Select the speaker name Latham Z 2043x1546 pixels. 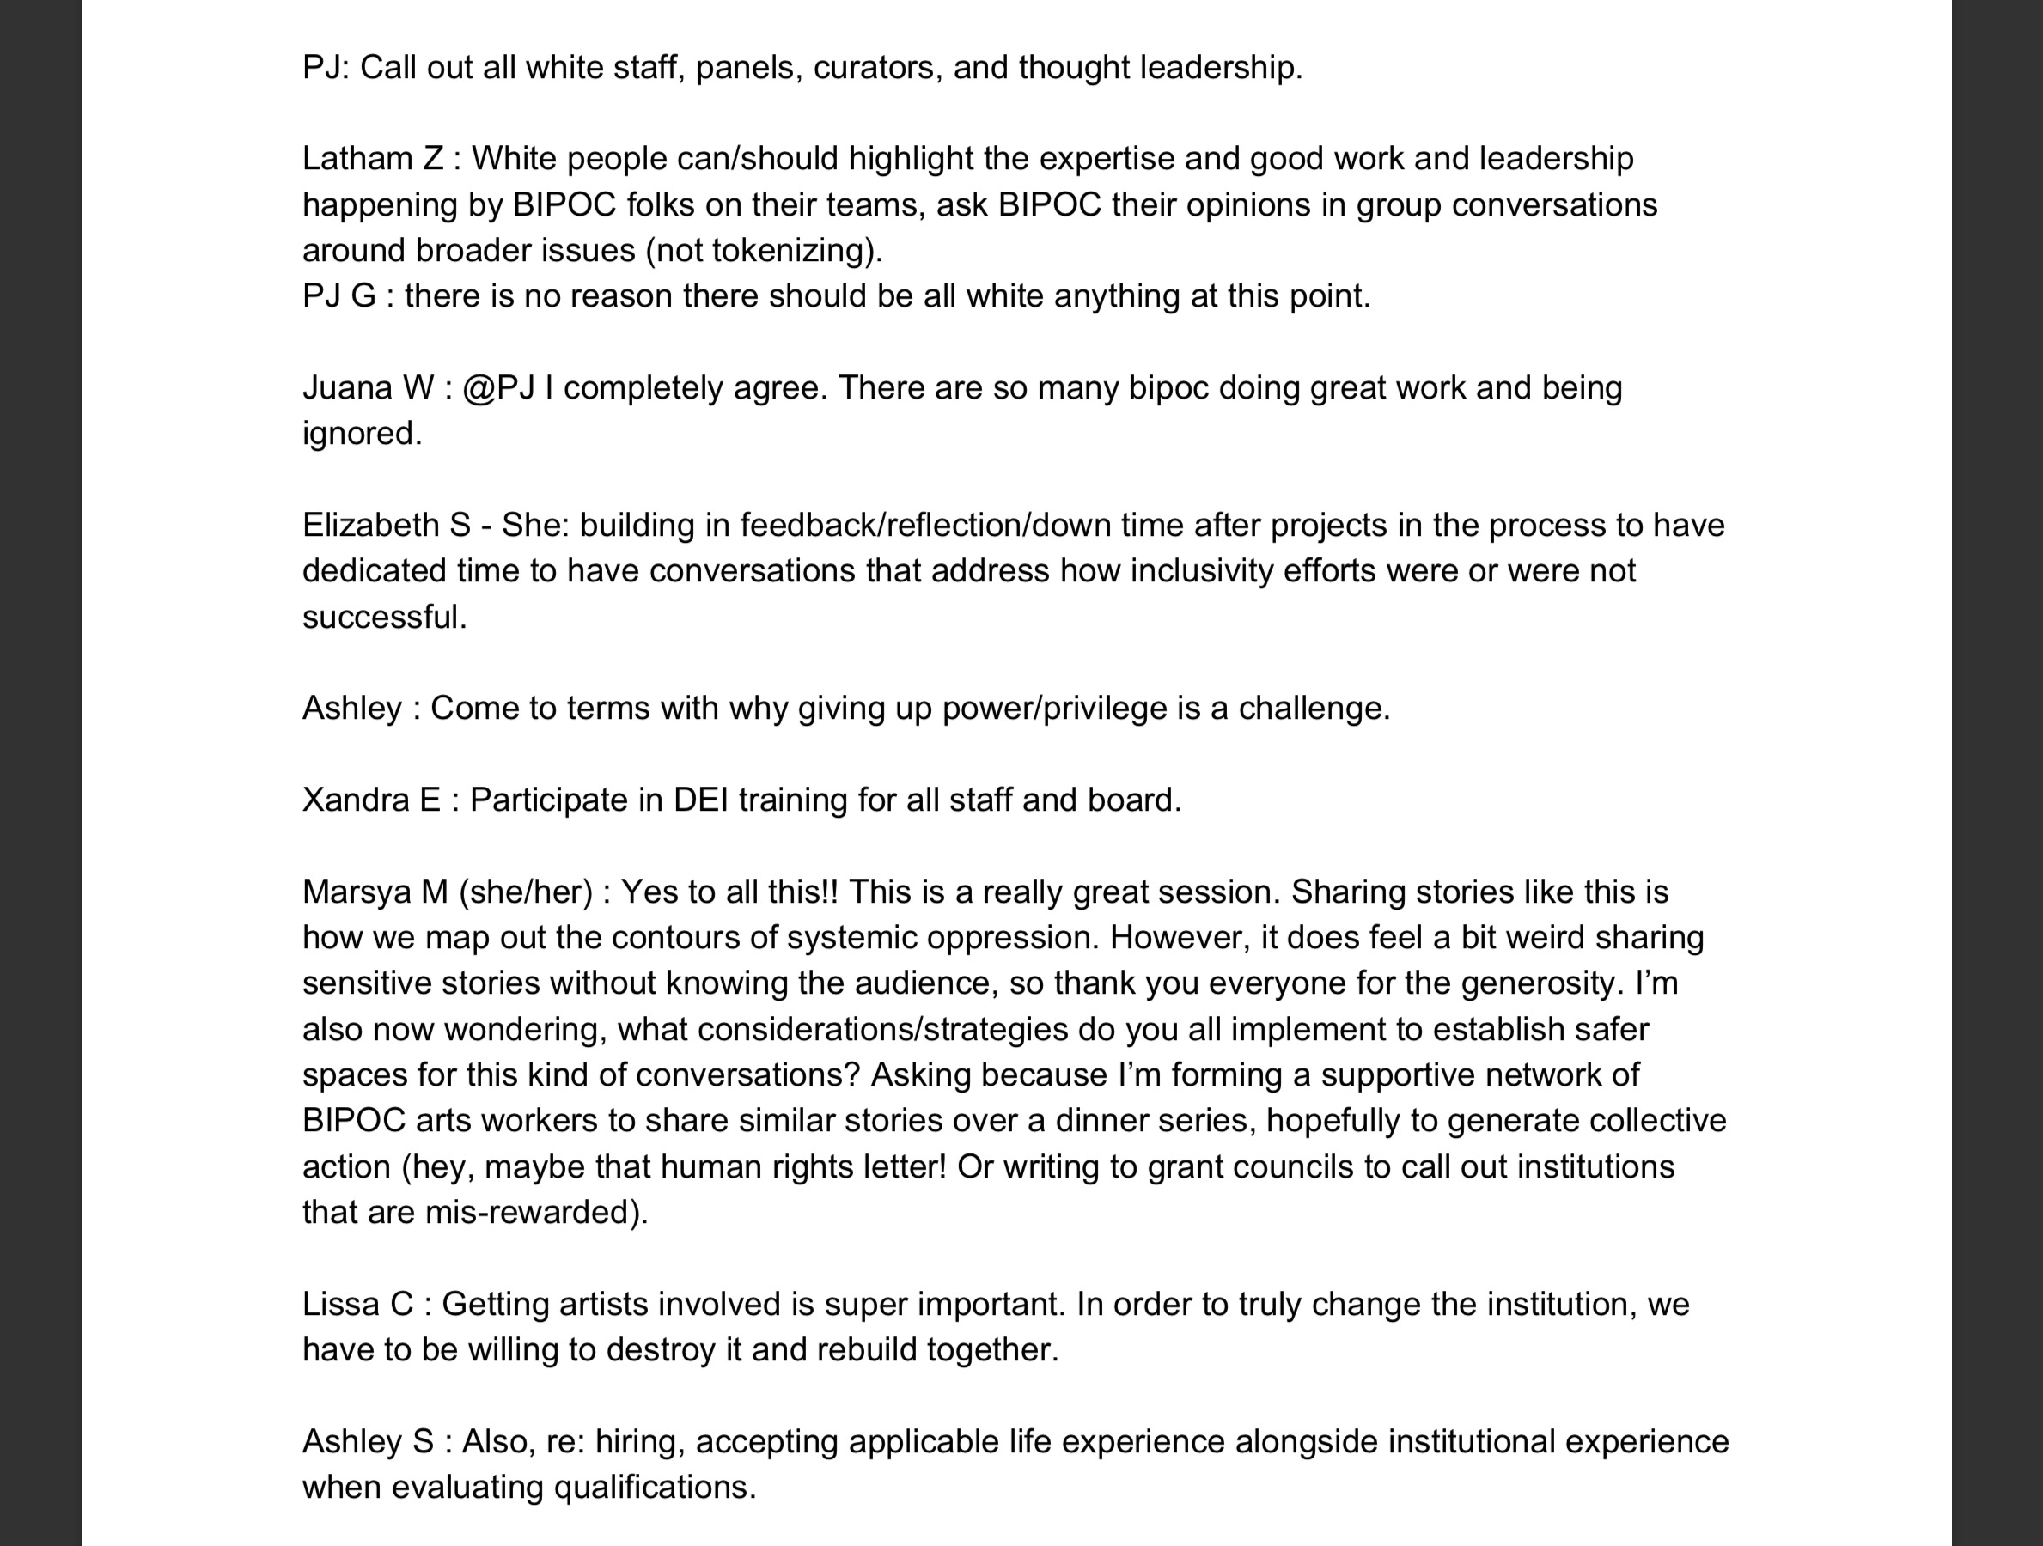(373, 159)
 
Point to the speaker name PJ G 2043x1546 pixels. (339, 295)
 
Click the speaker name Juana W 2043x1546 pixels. (368, 388)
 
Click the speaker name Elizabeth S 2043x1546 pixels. (386, 526)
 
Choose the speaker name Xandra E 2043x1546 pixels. (371, 800)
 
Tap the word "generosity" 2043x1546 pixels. (1540, 983)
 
